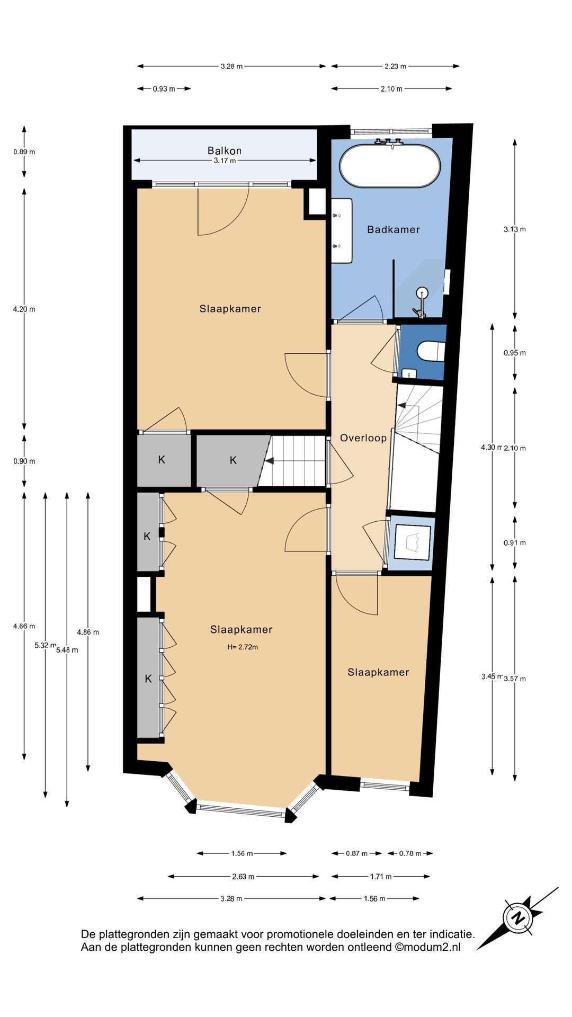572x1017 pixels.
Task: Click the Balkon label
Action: (x=225, y=151)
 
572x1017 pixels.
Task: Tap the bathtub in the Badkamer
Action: (x=390, y=166)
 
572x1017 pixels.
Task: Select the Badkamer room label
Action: (x=394, y=229)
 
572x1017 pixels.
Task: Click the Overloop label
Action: (x=363, y=438)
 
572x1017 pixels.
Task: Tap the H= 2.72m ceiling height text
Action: (x=243, y=647)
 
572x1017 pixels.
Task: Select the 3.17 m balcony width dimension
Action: (x=225, y=160)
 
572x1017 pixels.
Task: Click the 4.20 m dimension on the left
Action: (x=24, y=309)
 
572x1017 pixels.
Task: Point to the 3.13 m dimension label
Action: (x=515, y=229)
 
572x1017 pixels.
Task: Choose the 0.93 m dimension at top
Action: (x=164, y=89)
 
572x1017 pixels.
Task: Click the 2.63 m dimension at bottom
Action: (x=243, y=877)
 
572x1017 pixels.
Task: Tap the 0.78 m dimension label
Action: (x=410, y=853)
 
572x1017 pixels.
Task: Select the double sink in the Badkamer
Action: (x=342, y=230)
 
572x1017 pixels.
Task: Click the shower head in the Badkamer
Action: (x=422, y=292)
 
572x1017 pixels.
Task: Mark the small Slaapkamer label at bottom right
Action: (x=378, y=672)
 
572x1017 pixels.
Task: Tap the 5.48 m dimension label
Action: (x=67, y=650)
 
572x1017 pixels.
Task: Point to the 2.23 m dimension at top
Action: (x=396, y=66)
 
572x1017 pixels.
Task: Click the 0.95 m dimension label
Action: (x=515, y=353)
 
